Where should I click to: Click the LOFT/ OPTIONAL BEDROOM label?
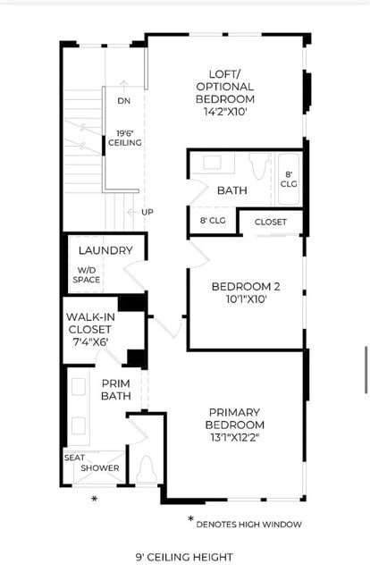231,86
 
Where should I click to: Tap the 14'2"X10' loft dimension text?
231,112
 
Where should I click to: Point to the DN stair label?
123,101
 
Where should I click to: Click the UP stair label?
147,212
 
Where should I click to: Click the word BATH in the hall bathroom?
231,189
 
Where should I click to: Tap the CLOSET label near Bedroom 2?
271,222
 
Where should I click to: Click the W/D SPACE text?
87,274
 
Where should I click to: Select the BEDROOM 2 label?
245,287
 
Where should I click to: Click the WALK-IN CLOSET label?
88,323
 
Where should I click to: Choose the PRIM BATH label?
116,390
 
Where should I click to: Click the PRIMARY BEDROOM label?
235,418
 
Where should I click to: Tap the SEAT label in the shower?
73,458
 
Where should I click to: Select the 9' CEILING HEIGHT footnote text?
185,556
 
